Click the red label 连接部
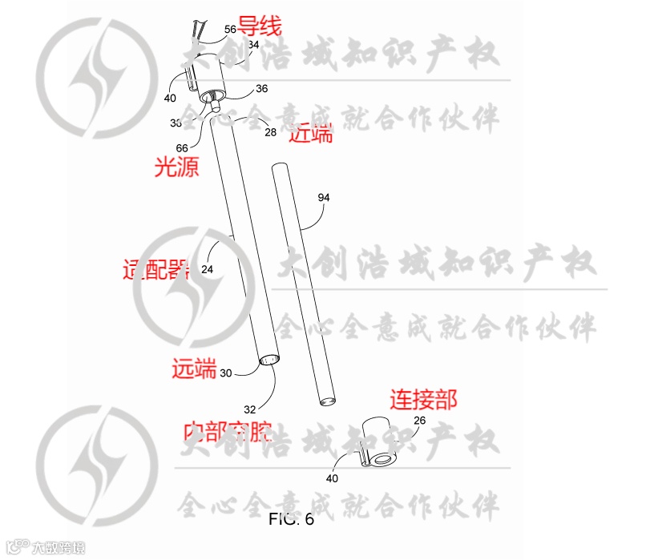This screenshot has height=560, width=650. tap(424, 398)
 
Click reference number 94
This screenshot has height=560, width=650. tap(324, 196)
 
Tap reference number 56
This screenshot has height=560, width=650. tap(230, 29)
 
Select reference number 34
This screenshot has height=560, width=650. tap(253, 46)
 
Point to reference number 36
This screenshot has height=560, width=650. tap(261, 88)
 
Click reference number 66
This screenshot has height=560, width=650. tap(182, 147)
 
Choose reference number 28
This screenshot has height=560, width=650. tap(270, 131)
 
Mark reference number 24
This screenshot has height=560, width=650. tap(207, 270)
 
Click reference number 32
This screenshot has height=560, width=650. tap(250, 409)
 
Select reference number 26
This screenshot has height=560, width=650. tap(419, 420)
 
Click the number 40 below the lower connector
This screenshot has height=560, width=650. tap(332, 478)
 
